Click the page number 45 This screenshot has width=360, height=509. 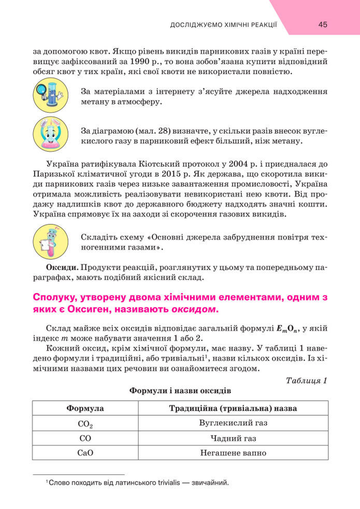pyautogui.click(x=323, y=24)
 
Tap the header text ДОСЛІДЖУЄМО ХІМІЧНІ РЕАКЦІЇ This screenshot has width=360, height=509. pyautogui.click(x=224, y=25)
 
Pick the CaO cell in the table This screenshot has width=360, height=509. pyautogui.click(x=85, y=453)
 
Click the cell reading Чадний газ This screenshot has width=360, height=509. pyautogui.click(x=233, y=438)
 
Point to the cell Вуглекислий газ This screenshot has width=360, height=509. pyautogui.click(x=233, y=423)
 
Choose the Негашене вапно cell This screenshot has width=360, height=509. pyautogui.click(x=233, y=453)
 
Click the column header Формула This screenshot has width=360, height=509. pyautogui.click(x=85, y=409)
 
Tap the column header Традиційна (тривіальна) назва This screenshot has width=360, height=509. pyautogui.click(x=233, y=409)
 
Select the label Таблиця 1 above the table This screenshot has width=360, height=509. pyautogui.click(x=306, y=381)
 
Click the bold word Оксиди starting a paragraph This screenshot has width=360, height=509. pyautogui.click(x=62, y=267)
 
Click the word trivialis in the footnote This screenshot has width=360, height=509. pyautogui.click(x=158, y=483)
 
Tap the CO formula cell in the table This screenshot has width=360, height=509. pyautogui.click(x=85, y=438)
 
